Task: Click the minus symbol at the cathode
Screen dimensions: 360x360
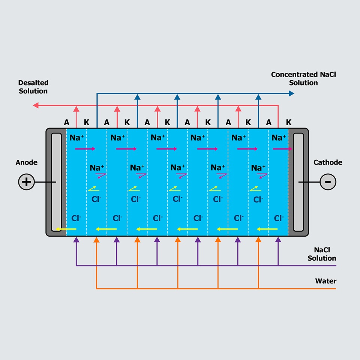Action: [x=328, y=182]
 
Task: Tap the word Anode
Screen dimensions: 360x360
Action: [x=27, y=162]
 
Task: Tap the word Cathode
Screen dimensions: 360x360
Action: [x=328, y=162]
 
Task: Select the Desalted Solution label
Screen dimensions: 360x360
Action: [x=33, y=87]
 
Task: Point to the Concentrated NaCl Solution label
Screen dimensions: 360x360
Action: [x=303, y=78]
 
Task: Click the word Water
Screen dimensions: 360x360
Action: [x=325, y=281]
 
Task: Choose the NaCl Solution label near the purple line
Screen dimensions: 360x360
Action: [x=322, y=254]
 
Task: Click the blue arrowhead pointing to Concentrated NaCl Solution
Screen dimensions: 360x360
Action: [x=292, y=93]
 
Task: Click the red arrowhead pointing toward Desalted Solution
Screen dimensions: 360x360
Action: [x=36, y=105]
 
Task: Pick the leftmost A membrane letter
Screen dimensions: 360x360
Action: [x=67, y=122]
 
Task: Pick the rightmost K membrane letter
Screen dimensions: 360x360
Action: [x=288, y=122]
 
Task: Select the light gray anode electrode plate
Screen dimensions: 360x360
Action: [x=56, y=182]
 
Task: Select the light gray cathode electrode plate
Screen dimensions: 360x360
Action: [x=298, y=182]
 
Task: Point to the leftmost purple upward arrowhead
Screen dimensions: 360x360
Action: [x=76, y=239]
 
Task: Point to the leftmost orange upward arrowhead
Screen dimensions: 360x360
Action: [x=96, y=239]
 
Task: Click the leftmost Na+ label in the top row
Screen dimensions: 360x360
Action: [x=76, y=138]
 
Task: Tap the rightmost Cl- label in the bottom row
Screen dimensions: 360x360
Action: [x=279, y=218]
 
